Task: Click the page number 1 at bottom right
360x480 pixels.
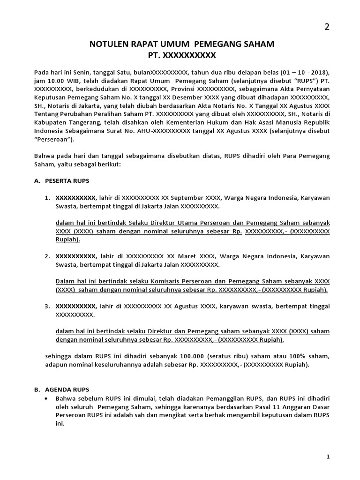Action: (x=327, y=456)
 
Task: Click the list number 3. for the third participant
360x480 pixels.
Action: (x=47, y=306)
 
